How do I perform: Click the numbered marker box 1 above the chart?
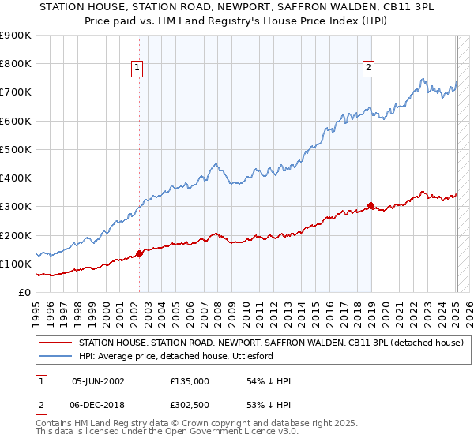pos(137,69)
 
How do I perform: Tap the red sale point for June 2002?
pos(140,253)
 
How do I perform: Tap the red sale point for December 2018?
pos(371,206)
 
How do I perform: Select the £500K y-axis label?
pos(16,149)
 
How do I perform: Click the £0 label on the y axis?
pos(24,292)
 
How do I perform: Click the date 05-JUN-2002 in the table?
pos(98,381)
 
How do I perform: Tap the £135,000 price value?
pos(189,381)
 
